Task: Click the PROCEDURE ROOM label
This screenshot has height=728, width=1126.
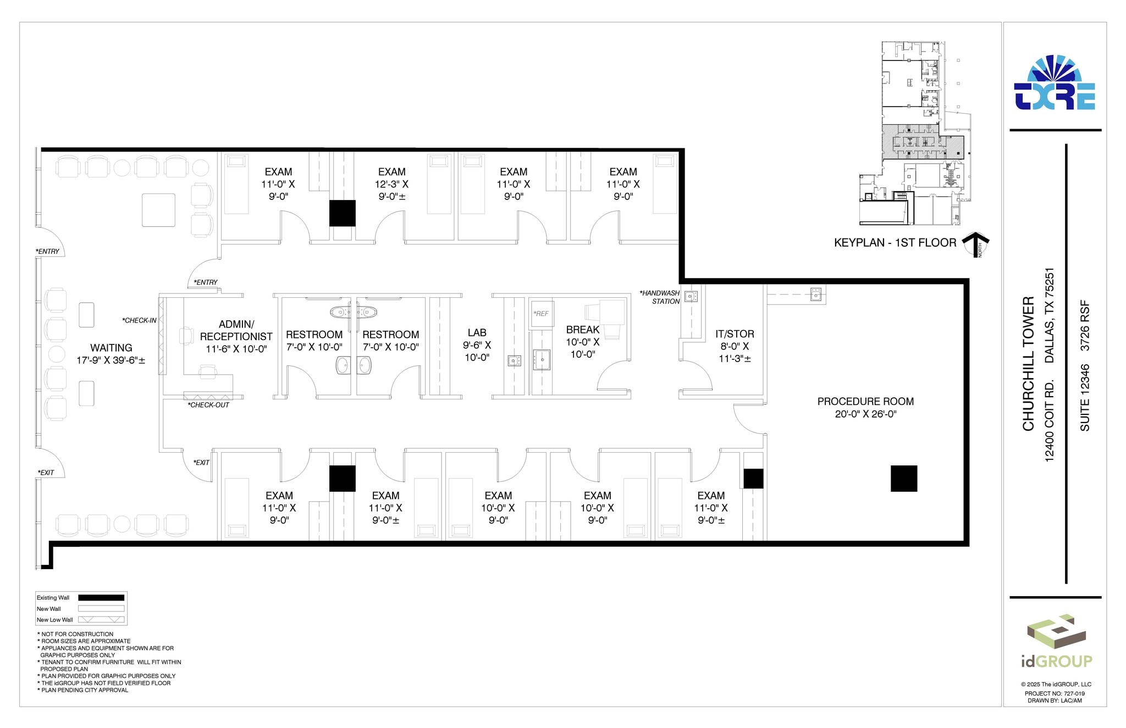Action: (865, 402)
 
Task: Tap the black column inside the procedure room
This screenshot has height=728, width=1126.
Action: (904, 478)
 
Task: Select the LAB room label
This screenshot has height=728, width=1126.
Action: (477, 333)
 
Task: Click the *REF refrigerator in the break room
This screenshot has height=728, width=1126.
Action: (541, 314)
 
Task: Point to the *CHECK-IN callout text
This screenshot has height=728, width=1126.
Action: (139, 320)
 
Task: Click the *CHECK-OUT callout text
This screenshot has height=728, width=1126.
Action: (208, 405)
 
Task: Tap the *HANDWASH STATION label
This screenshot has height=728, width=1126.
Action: (660, 297)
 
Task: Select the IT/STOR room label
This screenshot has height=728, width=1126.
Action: (735, 334)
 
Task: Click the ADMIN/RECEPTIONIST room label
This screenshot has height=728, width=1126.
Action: (236, 330)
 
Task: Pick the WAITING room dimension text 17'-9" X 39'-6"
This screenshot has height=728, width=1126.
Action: (111, 360)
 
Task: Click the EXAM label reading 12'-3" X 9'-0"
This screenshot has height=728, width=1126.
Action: (391, 184)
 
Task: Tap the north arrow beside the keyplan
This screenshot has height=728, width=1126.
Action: (976, 244)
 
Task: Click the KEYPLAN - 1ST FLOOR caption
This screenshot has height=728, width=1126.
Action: (895, 243)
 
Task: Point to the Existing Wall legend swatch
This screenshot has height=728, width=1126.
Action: (101, 598)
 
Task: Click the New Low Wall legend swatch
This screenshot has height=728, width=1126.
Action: (101, 620)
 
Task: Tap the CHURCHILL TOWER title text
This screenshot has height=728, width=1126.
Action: (1028, 364)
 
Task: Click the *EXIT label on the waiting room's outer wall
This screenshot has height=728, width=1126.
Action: (46, 473)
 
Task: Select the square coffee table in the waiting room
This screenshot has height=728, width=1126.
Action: (158, 210)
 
